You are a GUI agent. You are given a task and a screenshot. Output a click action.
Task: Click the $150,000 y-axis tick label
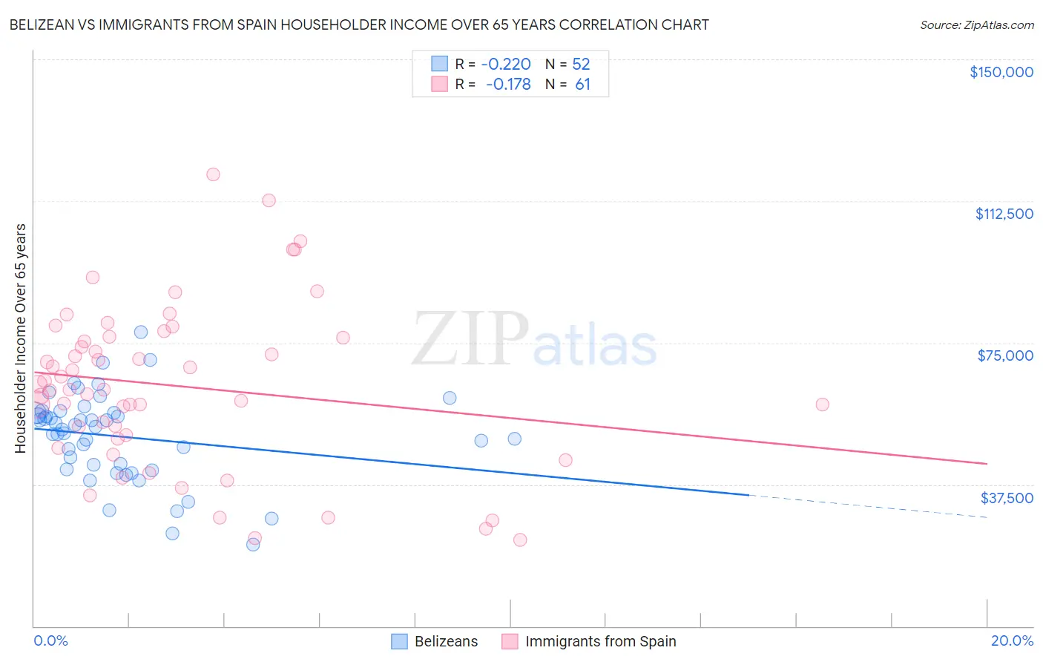1001,72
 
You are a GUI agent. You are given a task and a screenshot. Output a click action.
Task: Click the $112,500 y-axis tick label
1004,214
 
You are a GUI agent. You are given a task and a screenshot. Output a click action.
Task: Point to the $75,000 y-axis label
1005,355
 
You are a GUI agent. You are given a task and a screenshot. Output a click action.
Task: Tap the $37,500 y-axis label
1007,498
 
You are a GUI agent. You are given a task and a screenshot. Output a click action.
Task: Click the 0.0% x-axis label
50,640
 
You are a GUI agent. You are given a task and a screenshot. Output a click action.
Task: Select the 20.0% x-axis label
1012,640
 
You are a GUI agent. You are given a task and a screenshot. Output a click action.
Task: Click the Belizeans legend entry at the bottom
446,641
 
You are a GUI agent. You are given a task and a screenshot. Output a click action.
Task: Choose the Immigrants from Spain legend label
600,641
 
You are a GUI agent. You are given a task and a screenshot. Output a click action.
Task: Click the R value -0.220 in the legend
506,64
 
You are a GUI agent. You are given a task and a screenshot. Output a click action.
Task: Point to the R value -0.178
508,85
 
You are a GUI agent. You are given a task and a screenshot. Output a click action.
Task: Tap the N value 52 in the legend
581,64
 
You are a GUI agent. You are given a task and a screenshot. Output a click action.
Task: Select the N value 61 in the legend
583,85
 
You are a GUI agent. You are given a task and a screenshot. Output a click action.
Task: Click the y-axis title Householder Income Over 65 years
21,338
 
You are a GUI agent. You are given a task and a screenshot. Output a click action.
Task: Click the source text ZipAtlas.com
976,25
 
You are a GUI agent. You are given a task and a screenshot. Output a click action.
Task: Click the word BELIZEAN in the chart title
40,24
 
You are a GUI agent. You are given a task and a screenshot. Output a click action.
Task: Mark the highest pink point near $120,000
213,174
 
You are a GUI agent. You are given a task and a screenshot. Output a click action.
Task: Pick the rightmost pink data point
822,404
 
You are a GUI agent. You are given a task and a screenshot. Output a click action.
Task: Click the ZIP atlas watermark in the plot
534,339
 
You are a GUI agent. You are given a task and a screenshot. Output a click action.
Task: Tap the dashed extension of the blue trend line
868,505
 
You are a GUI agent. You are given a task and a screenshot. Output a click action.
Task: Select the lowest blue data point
253,544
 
